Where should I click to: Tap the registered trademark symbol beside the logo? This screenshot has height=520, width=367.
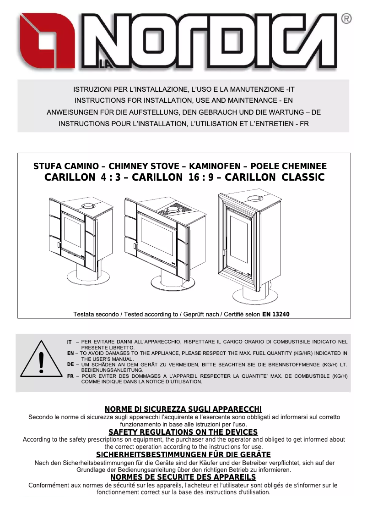346,19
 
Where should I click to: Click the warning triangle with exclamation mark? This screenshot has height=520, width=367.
41,362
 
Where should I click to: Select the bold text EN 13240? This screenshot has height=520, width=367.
276,315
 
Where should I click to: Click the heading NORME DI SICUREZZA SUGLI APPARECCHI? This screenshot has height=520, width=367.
183,409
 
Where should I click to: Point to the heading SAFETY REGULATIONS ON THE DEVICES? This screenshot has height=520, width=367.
183,432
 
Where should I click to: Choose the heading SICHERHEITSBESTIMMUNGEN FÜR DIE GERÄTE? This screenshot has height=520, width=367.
183,455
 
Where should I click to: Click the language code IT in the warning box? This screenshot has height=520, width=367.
70,342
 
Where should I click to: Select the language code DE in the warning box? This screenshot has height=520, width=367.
70,364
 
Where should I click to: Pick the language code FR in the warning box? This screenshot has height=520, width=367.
70,376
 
